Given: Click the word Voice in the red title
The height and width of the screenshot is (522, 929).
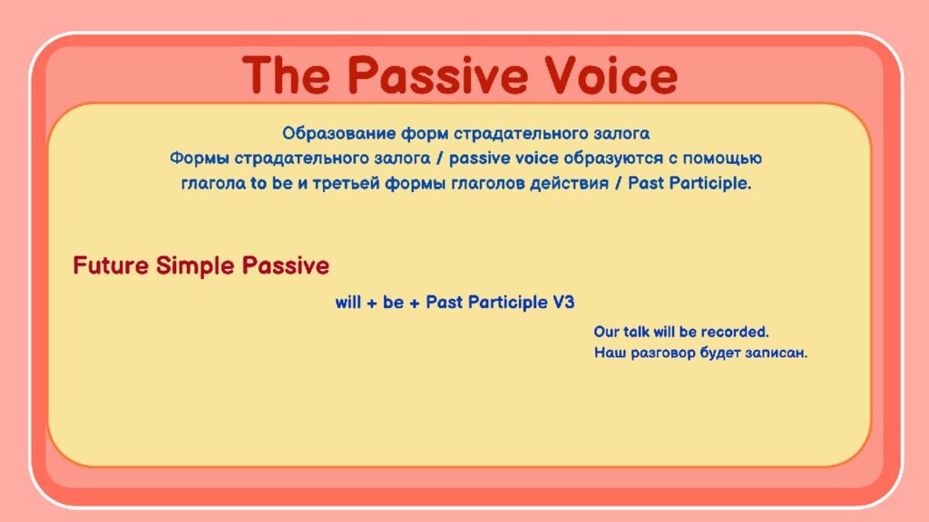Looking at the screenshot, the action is click(611, 75).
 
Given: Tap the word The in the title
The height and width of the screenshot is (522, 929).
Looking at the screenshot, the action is click(286, 75).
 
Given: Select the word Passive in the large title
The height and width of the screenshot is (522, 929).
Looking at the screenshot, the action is click(437, 75).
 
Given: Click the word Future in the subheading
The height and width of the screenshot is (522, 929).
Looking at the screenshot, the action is click(111, 266).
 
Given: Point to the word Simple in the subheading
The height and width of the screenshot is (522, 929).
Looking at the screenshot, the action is click(196, 266).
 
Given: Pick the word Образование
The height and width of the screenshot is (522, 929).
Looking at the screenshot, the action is click(339, 134).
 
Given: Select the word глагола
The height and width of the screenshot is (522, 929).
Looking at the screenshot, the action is click(213, 183).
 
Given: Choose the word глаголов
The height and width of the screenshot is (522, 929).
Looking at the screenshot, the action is click(487, 183).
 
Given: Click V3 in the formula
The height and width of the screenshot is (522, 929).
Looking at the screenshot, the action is click(563, 303).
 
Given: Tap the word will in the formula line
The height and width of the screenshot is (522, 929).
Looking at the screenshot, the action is click(348, 303).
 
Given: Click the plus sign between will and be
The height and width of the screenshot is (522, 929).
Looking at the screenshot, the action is click(372, 304).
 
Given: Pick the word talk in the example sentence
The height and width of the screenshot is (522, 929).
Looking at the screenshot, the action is click(636, 332).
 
